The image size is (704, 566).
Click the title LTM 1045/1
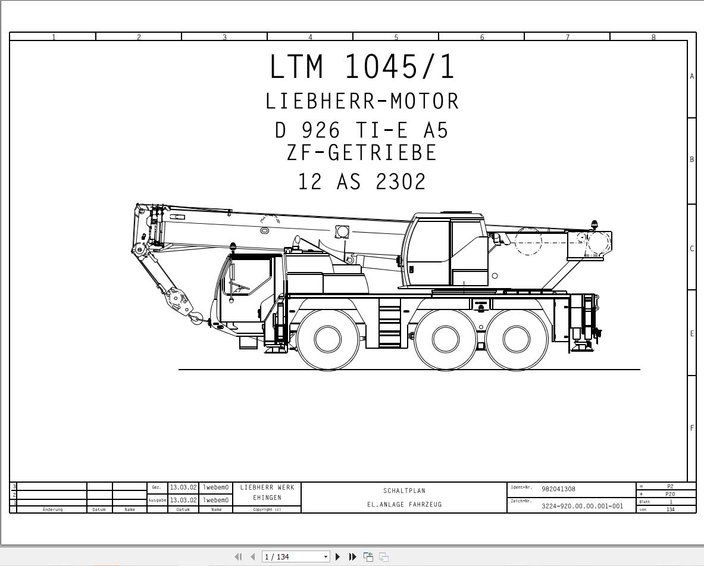click(x=362, y=67)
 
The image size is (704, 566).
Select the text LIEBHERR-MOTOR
click(x=362, y=101)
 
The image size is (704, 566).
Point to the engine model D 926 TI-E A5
click(x=362, y=130)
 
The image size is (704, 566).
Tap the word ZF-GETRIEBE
click(x=362, y=152)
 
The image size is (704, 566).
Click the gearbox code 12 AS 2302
click(x=362, y=182)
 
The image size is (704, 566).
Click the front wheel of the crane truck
click(x=328, y=339)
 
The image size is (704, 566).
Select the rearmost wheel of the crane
click(x=517, y=339)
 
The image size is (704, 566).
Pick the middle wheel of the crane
click(x=445, y=339)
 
